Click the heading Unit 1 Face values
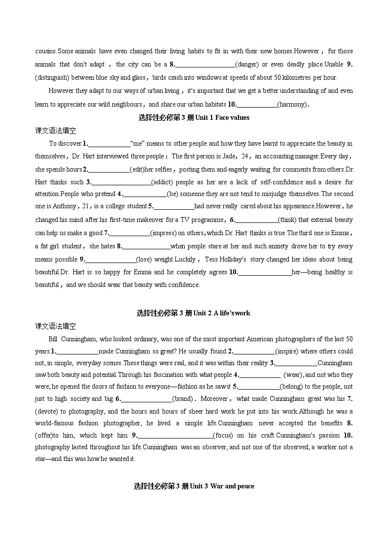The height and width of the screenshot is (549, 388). (194, 117)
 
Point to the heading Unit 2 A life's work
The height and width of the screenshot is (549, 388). (194, 313)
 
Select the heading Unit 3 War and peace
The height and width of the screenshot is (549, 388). (194, 486)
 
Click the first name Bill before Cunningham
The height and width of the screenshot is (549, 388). (53, 339)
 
